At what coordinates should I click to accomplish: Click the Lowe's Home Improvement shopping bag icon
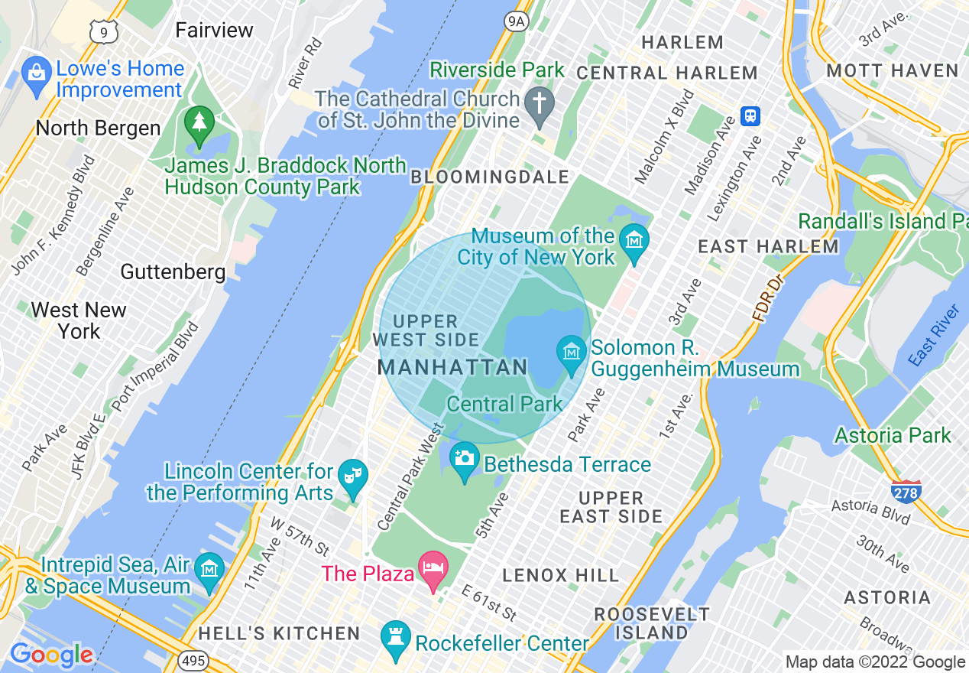[x=36, y=73]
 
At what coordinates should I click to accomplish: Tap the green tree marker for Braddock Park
[x=199, y=123]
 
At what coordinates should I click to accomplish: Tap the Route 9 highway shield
[x=103, y=31]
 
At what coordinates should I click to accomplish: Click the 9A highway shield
[x=517, y=21]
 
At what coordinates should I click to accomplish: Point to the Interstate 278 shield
[x=906, y=491]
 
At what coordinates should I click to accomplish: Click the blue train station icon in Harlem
[x=750, y=115]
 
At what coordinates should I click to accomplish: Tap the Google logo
[x=51, y=655]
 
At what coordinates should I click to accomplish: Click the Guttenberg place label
[x=173, y=271]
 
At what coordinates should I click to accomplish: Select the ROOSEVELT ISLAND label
[x=652, y=623]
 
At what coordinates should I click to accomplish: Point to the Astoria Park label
[x=893, y=435]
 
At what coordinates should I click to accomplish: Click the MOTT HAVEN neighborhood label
[x=893, y=70]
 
